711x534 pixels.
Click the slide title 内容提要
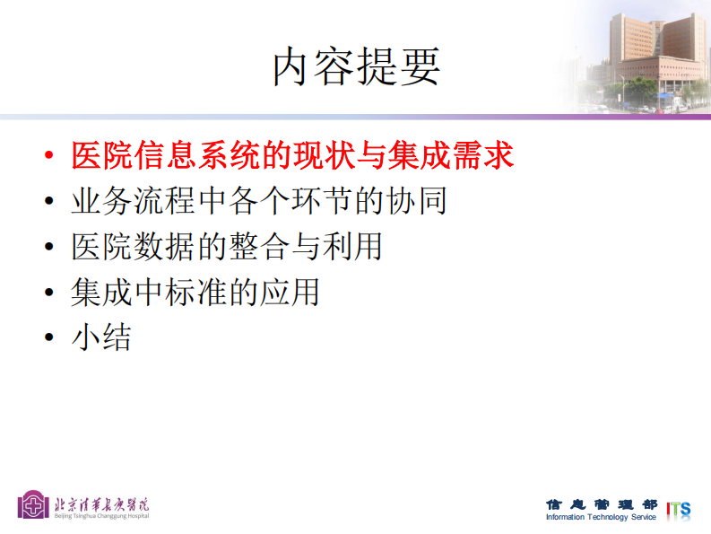click(356, 67)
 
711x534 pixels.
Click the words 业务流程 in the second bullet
click(121, 200)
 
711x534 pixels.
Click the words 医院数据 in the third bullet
click(121, 246)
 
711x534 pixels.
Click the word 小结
click(100, 337)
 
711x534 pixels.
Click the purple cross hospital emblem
click(34, 504)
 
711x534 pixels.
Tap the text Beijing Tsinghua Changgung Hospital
click(101, 515)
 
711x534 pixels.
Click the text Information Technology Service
click(601, 517)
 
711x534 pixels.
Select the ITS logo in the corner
click(679, 509)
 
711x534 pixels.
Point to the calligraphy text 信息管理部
click(601, 503)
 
